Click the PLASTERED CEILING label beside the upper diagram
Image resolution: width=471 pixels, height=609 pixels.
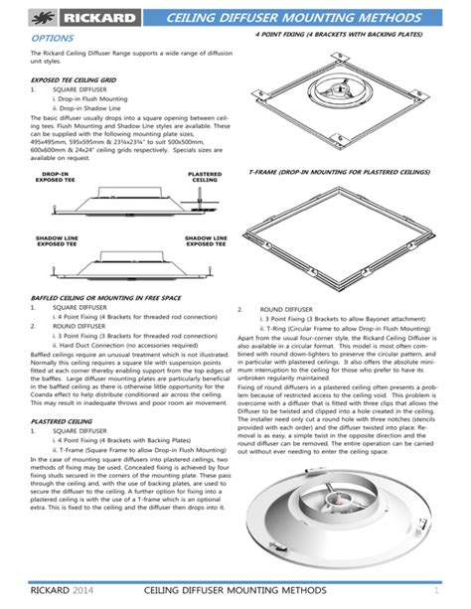205,176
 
